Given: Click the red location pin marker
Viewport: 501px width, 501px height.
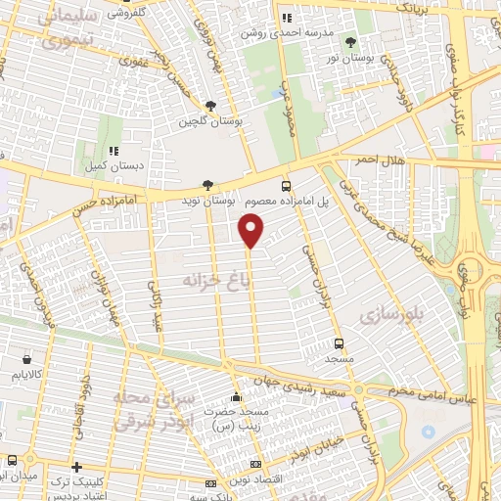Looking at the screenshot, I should [251, 231].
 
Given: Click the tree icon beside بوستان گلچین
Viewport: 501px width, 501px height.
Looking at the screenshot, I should [210, 107].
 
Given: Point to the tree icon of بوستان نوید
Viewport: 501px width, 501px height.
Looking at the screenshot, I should [206, 184].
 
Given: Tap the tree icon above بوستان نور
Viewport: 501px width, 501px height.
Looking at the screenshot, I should [350, 41].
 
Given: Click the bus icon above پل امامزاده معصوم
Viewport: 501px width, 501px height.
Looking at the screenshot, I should [286, 184].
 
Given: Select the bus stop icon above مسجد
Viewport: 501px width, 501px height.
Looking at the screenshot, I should [339, 343].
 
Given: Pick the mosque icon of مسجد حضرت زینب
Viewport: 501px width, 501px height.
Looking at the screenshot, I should [236, 397].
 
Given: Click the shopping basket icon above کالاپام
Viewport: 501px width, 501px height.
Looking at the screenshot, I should [25, 359].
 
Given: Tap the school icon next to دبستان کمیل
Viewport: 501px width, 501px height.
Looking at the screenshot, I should [114, 151].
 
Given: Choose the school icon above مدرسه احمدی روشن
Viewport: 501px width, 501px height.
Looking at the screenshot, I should [287, 18].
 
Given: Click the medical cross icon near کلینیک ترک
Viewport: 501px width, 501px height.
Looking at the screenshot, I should [76, 467].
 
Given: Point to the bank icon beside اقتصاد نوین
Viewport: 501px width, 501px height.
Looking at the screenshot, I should [256, 464].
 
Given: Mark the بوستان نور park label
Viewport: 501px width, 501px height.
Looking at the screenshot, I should [351, 58].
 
